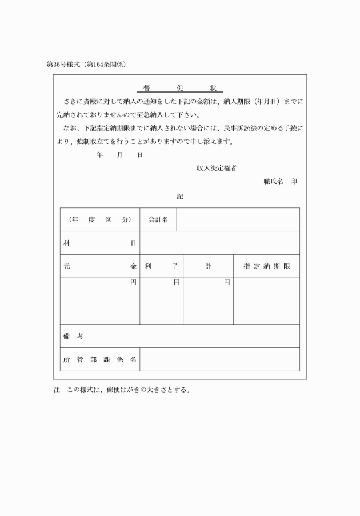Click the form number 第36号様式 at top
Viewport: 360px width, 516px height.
(x=64, y=65)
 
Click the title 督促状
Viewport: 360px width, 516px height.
(x=179, y=89)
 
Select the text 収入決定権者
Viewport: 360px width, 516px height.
(x=217, y=168)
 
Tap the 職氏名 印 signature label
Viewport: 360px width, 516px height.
(x=279, y=181)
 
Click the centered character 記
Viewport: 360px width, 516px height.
(x=179, y=196)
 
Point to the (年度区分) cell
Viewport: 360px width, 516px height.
(x=99, y=220)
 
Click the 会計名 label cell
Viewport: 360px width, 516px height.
(x=158, y=220)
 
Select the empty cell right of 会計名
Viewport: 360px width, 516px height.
(x=238, y=220)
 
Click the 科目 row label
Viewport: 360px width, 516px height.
(x=99, y=243)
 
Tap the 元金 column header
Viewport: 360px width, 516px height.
(x=99, y=266)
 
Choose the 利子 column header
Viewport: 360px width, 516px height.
(x=161, y=266)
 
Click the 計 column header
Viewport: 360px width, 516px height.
(x=208, y=266)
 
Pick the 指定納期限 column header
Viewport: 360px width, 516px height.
(x=267, y=266)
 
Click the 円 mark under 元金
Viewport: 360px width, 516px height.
(x=133, y=283)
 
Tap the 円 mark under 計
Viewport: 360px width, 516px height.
(x=227, y=283)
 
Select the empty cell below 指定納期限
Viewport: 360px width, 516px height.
(x=267, y=301)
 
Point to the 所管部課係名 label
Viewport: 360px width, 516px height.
(x=99, y=360)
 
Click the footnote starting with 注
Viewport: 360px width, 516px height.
(x=121, y=392)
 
